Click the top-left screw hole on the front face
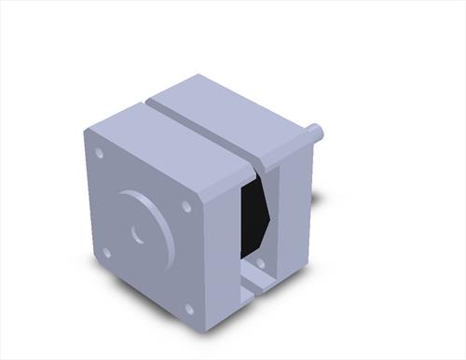click(x=100, y=154)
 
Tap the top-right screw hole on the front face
click(x=186, y=206)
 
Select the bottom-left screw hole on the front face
click(x=106, y=252)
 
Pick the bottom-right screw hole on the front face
click(x=188, y=309)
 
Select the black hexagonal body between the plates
click(x=254, y=215)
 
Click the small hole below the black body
click(x=260, y=264)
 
